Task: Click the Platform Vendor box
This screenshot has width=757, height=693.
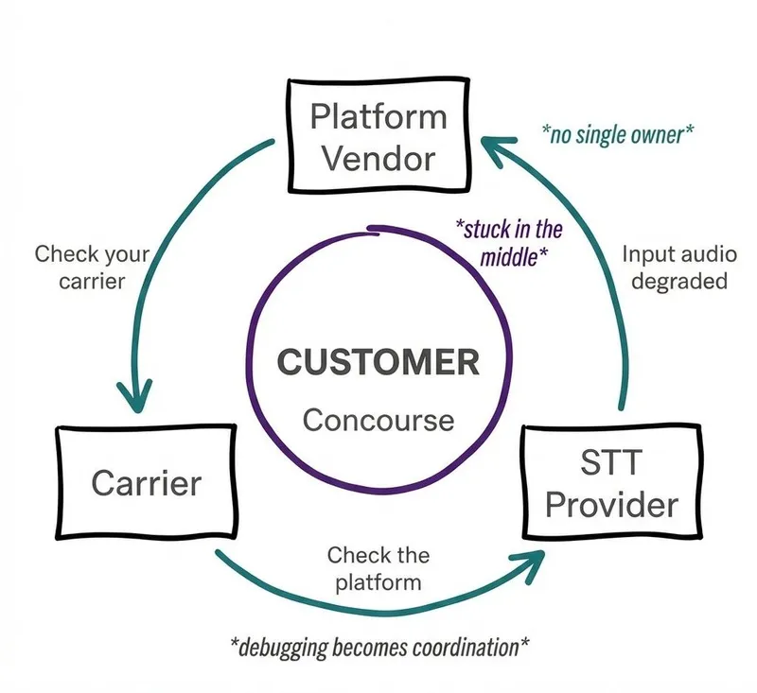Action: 378,138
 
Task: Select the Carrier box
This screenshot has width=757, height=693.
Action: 146,482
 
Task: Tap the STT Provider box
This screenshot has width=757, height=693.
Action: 611,482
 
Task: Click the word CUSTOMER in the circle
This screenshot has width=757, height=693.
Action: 378,362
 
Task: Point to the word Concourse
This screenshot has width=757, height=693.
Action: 378,419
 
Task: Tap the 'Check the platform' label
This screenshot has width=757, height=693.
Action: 378,567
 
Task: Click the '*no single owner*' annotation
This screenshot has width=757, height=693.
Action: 617,133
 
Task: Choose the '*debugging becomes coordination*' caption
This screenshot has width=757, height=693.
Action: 379,647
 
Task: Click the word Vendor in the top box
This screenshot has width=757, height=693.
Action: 378,157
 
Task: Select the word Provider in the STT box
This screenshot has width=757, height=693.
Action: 611,503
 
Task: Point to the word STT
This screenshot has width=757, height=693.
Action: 611,463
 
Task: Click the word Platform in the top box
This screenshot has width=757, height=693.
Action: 378,117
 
